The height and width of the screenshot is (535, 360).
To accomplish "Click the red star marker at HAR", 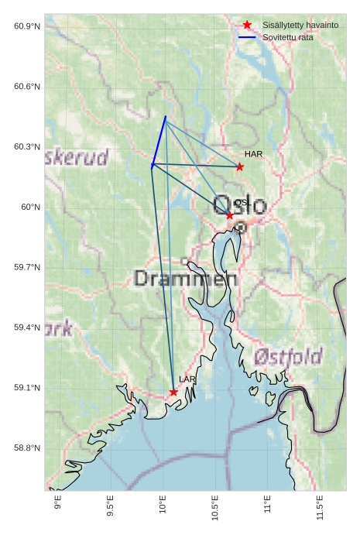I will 240,166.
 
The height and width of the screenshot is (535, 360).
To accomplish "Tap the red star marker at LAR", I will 173,392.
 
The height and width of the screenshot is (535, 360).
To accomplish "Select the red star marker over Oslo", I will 230,215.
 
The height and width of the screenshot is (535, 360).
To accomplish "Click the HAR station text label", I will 253,154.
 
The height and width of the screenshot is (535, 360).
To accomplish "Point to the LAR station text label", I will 187,379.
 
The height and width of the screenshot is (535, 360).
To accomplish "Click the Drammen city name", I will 185,278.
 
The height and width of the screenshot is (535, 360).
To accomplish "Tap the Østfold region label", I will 287,357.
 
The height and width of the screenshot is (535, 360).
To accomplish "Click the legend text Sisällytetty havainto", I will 300,26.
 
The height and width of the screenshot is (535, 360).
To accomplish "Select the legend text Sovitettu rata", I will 288,37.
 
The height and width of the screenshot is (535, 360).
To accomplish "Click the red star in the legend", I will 247,26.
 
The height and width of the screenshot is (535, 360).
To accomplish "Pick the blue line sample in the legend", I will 247,37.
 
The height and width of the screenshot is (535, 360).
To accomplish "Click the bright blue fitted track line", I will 159,140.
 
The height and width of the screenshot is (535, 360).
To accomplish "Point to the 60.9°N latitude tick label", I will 27,26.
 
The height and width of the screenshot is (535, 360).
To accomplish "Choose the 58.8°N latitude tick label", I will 27,448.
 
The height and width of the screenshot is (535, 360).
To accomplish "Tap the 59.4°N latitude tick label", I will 27,328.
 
